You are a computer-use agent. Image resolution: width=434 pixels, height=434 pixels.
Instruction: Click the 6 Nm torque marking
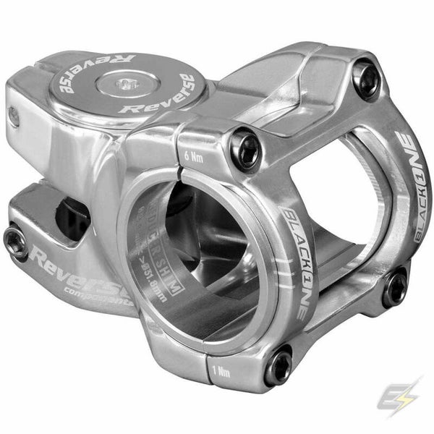(192, 153)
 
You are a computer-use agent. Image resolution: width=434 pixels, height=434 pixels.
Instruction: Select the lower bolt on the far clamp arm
(395, 288)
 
